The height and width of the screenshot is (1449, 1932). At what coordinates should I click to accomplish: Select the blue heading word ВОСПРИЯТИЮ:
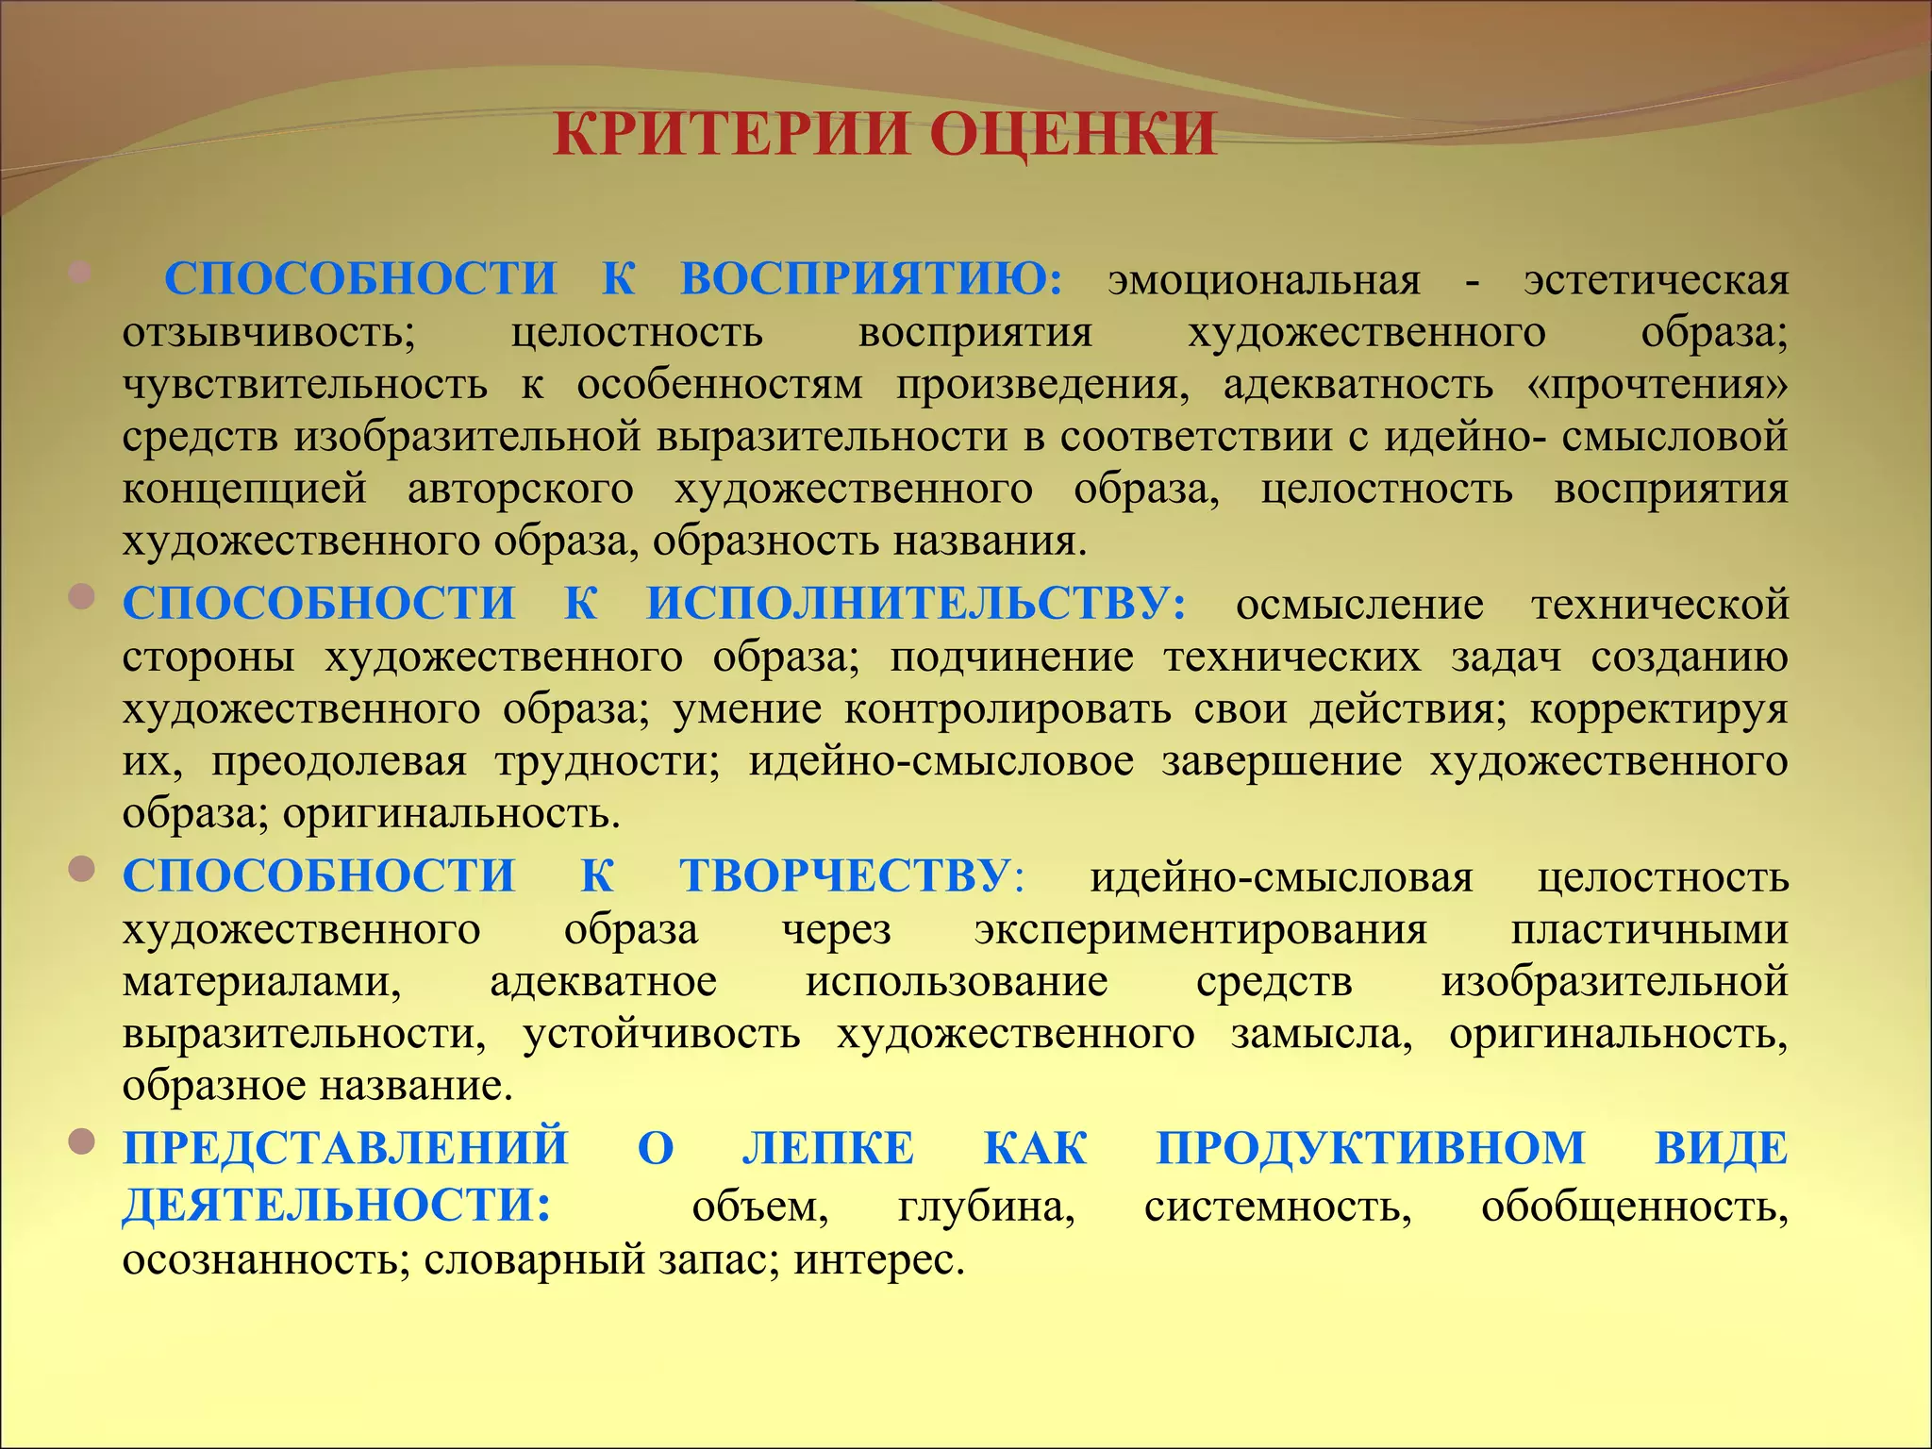[x=871, y=279]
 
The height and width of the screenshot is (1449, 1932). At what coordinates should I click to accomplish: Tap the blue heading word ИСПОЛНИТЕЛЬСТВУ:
[x=916, y=604]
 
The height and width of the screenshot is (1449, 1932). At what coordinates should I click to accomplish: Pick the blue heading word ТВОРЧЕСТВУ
[x=845, y=876]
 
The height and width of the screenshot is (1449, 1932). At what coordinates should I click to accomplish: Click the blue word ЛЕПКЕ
[x=828, y=1149]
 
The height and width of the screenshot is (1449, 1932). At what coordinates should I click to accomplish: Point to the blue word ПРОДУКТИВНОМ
[x=1370, y=1149]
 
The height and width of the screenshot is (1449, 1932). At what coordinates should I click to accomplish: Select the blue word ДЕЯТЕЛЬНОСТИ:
[x=336, y=1206]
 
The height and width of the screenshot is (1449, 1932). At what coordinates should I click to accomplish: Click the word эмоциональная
[x=1263, y=281]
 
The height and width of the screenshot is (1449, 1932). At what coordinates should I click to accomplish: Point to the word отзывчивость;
[x=269, y=333]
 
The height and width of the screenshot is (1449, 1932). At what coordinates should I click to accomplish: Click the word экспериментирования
[x=1200, y=930]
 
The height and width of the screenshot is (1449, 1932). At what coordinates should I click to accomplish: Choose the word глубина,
[x=986, y=1207]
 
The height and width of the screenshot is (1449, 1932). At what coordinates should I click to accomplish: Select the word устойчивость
[x=661, y=1035]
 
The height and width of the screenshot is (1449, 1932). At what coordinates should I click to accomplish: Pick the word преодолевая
[x=339, y=761]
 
